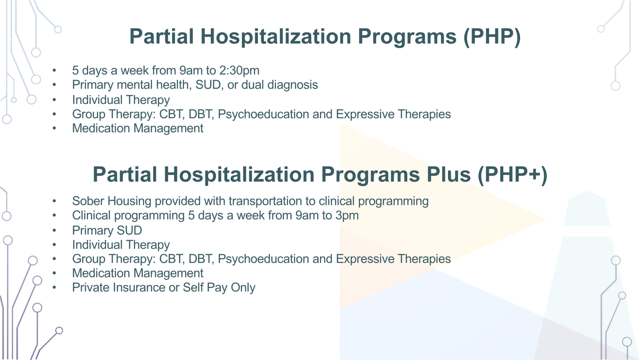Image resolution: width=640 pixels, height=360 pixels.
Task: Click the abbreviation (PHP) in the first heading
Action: (x=492, y=37)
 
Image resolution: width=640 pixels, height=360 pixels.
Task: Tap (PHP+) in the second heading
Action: (x=512, y=175)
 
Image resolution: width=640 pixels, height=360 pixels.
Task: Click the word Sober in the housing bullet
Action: (x=88, y=201)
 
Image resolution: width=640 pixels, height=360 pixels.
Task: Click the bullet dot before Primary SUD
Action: (x=54, y=230)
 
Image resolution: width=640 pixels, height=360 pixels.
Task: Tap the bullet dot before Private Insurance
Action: (x=54, y=288)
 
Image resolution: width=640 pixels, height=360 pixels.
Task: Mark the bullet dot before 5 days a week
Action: (x=54, y=70)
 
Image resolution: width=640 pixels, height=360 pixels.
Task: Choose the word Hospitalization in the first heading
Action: (x=276, y=37)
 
